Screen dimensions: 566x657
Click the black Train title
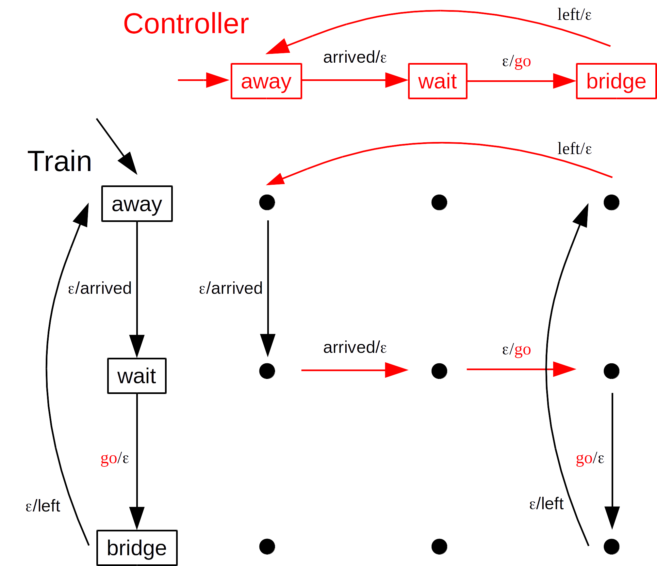click(x=59, y=161)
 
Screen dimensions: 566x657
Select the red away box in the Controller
click(x=266, y=81)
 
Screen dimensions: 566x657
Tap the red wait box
click(x=437, y=81)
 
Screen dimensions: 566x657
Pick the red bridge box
click(x=616, y=81)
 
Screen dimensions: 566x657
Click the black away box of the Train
click(x=137, y=204)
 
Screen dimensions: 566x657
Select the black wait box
click(x=137, y=376)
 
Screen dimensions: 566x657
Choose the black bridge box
click(x=137, y=548)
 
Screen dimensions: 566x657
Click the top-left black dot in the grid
click(x=267, y=202)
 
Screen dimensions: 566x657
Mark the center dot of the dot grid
click(x=439, y=371)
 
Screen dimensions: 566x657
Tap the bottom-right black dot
click(x=612, y=547)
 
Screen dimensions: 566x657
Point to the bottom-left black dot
click(x=267, y=547)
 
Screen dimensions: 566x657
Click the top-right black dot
click(x=612, y=202)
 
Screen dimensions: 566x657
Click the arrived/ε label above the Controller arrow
click(x=355, y=57)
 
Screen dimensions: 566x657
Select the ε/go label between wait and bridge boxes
click(x=516, y=61)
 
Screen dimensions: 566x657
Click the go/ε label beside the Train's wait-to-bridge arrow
click(x=115, y=458)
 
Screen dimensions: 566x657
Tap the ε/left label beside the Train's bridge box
click(x=43, y=506)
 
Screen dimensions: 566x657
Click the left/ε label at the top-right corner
click(x=574, y=15)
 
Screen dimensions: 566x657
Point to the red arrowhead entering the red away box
click(x=217, y=80)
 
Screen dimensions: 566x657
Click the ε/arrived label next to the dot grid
click(x=231, y=288)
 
